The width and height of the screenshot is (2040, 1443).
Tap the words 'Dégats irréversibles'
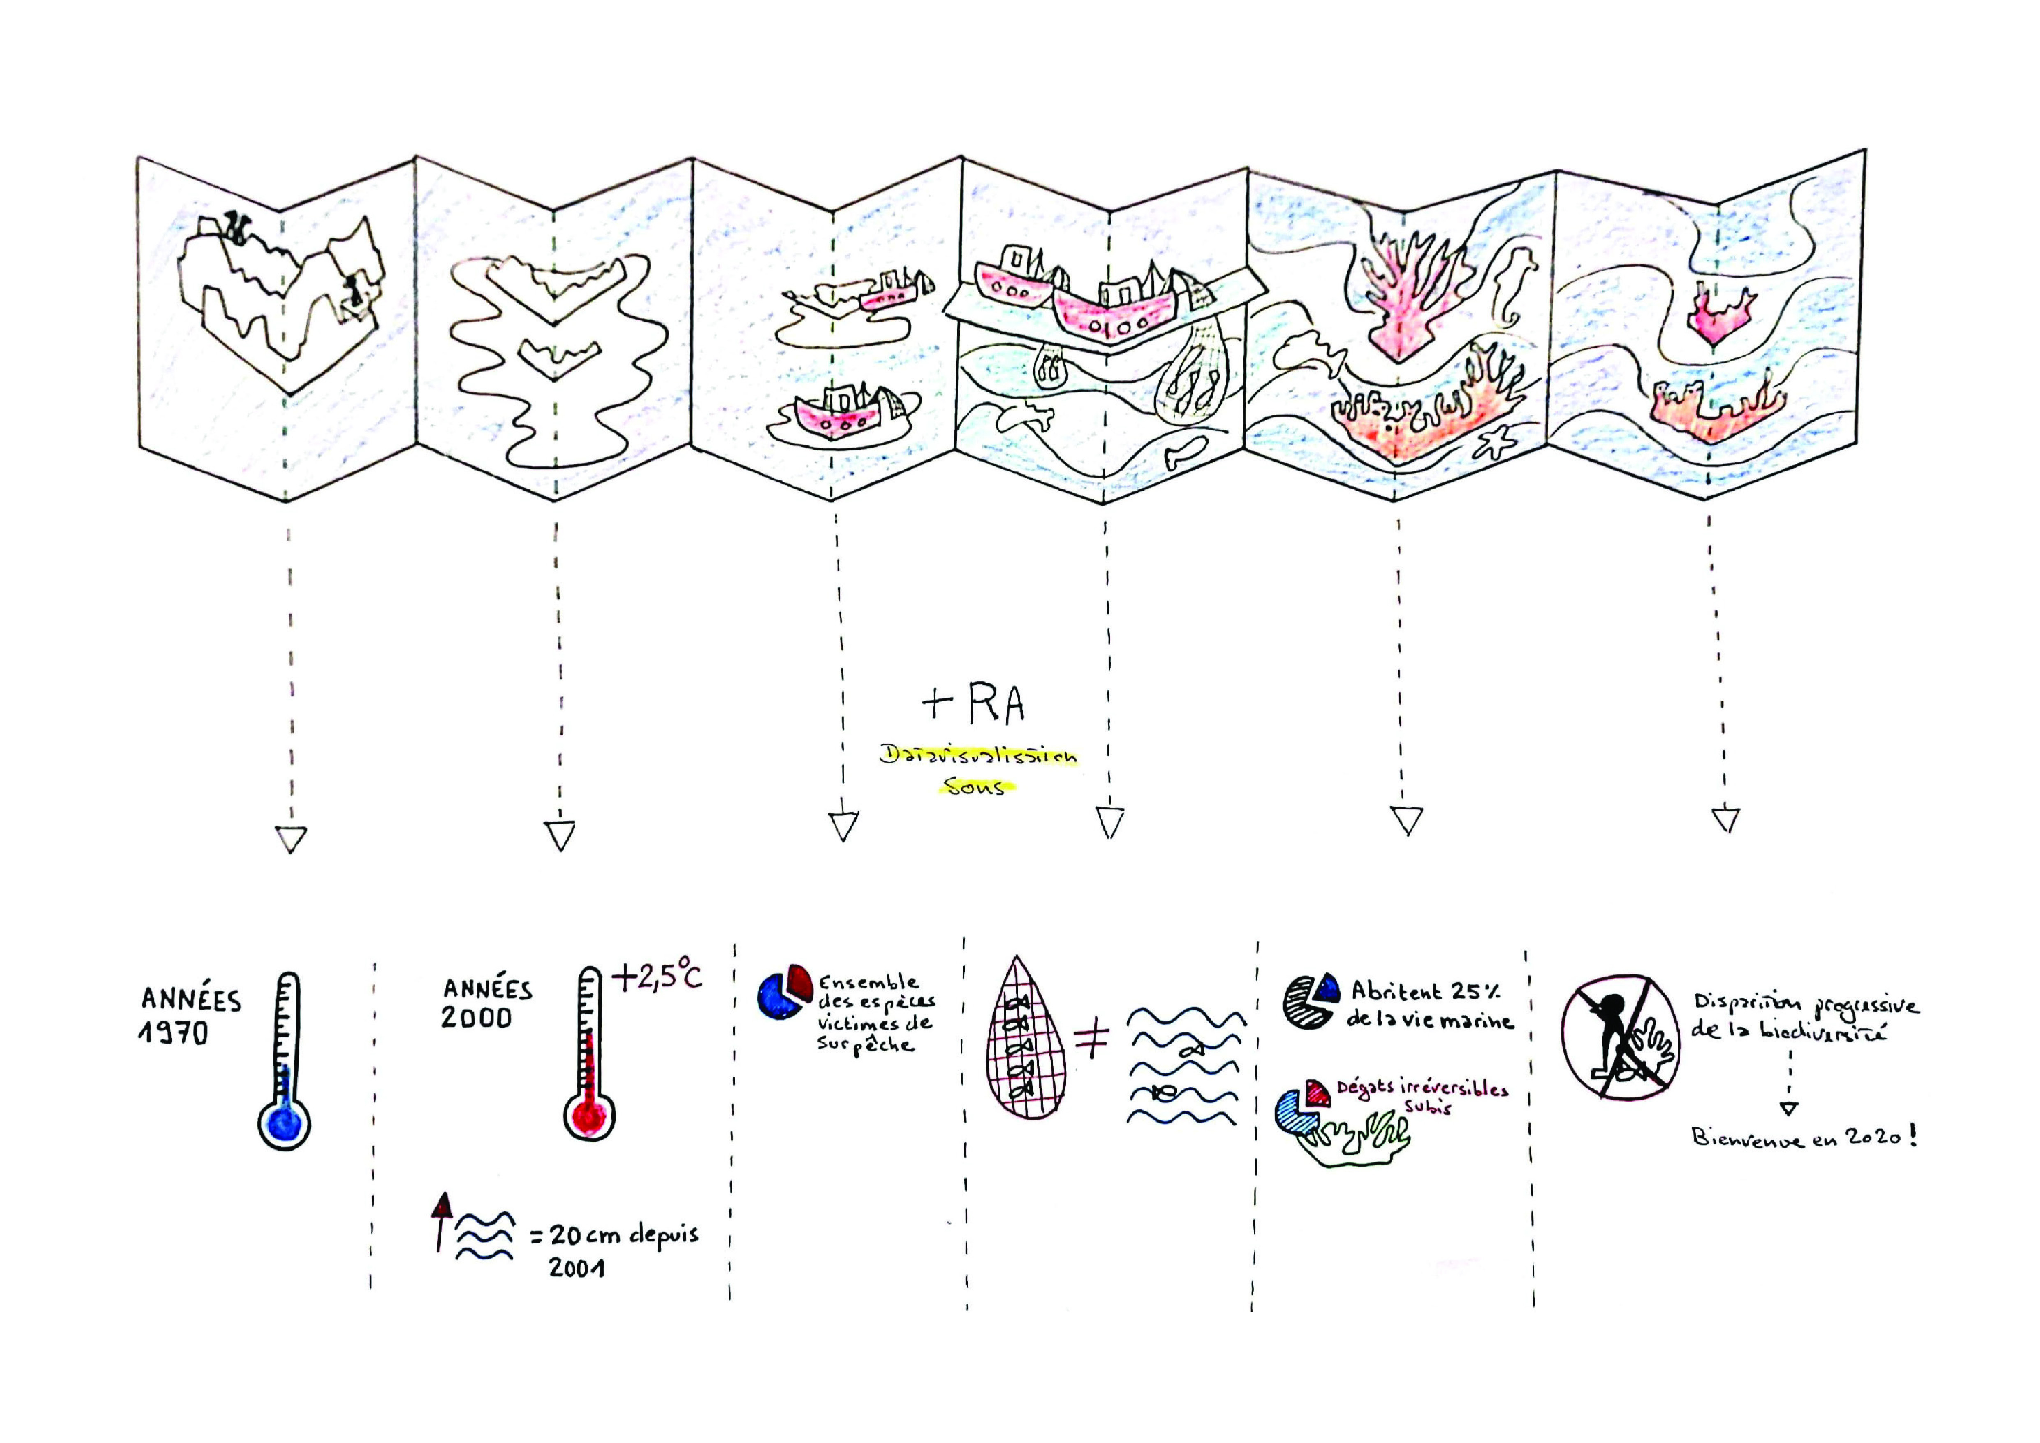tap(1422, 1089)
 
